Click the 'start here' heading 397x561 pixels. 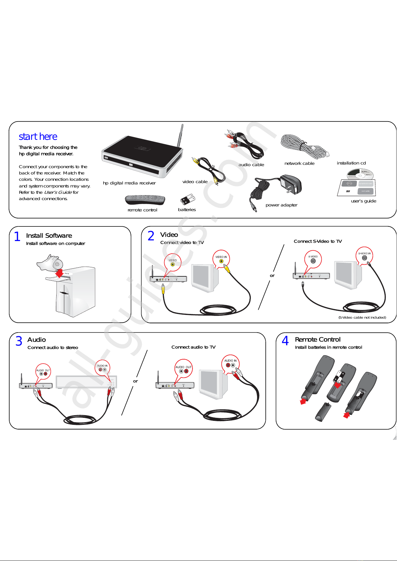pyautogui.click(x=38, y=137)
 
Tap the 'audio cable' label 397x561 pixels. pyautogui.click(x=251, y=164)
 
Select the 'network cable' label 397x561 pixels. pyautogui.click(x=299, y=163)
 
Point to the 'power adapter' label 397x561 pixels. pyautogui.click(x=281, y=205)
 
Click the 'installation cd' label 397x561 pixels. pyautogui.click(x=351, y=163)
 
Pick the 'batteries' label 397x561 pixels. pyautogui.click(x=187, y=209)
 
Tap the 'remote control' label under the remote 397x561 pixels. pyautogui.click(x=142, y=210)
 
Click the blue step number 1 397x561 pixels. pyautogui.click(x=17, y=236)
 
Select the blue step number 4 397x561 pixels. pyautogui.click(x=285, y=341)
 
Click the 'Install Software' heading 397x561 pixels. pyautogui.click(x=49, y=235)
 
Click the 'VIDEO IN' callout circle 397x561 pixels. pyautogui.click(x=221, y=259)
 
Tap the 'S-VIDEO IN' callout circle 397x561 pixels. pyautogui.click(x=364, y=256)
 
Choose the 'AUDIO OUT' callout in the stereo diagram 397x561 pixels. pyautogui.click(x=43, y=372)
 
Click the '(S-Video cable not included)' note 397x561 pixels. pyautogui.click(x=362, y=317)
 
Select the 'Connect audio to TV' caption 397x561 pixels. pyautogui.click(x=194, y=347)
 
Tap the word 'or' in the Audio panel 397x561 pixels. pyautogui.click(x=135, y=381)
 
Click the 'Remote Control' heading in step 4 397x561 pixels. pyautogui.click(x=317, y=339)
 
